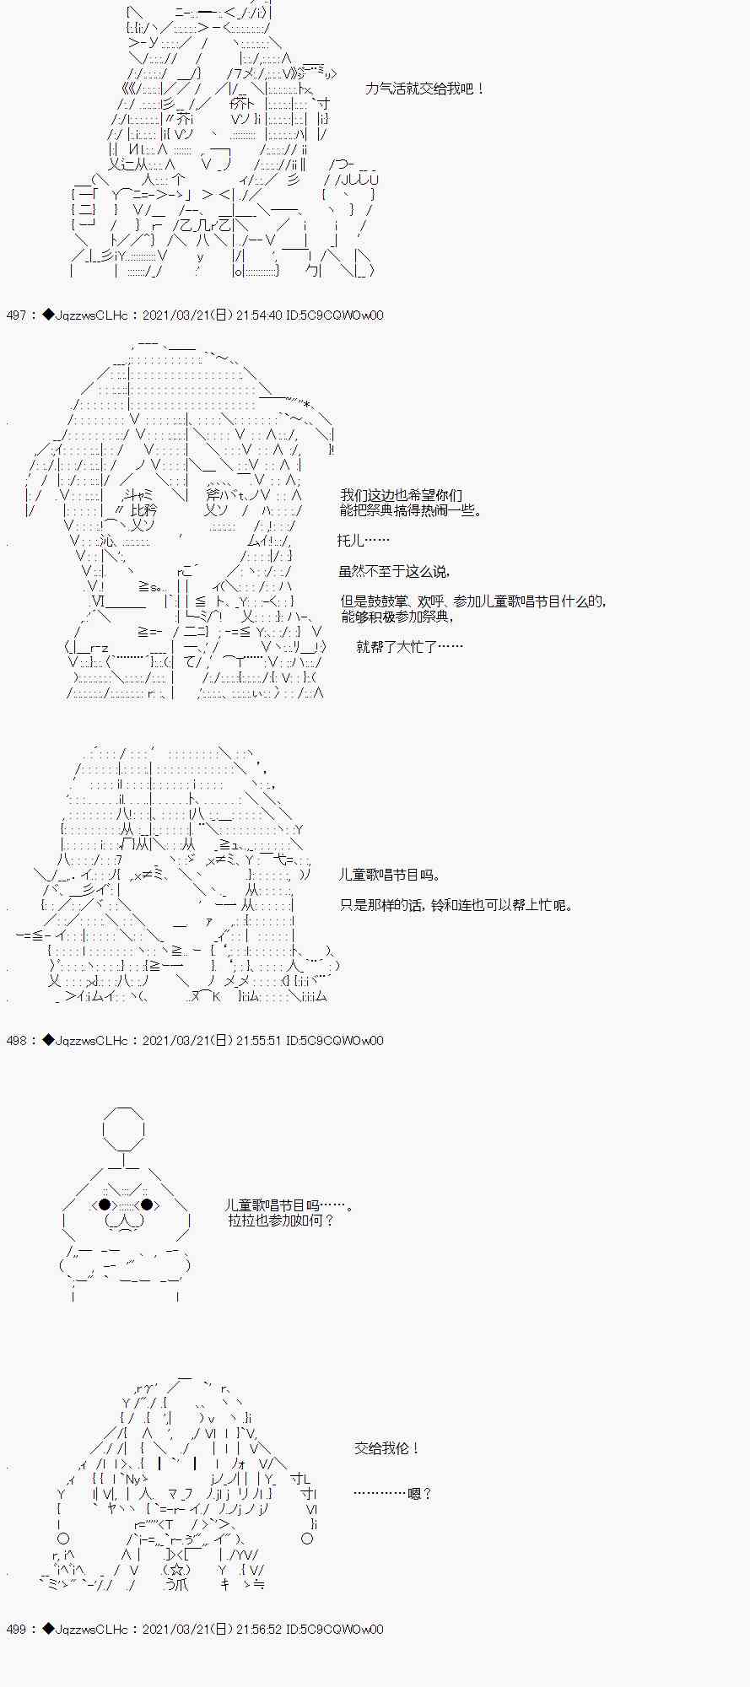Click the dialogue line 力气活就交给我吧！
425,89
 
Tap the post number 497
16,315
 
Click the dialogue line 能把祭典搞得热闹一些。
412,510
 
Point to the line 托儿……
364,541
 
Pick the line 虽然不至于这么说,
394,571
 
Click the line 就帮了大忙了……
409,647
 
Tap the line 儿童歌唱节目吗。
389,876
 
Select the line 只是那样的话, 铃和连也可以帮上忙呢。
456,905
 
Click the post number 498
16,1041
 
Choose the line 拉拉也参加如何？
281,1221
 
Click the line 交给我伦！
386,1448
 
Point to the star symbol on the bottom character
176,1571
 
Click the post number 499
16,1630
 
